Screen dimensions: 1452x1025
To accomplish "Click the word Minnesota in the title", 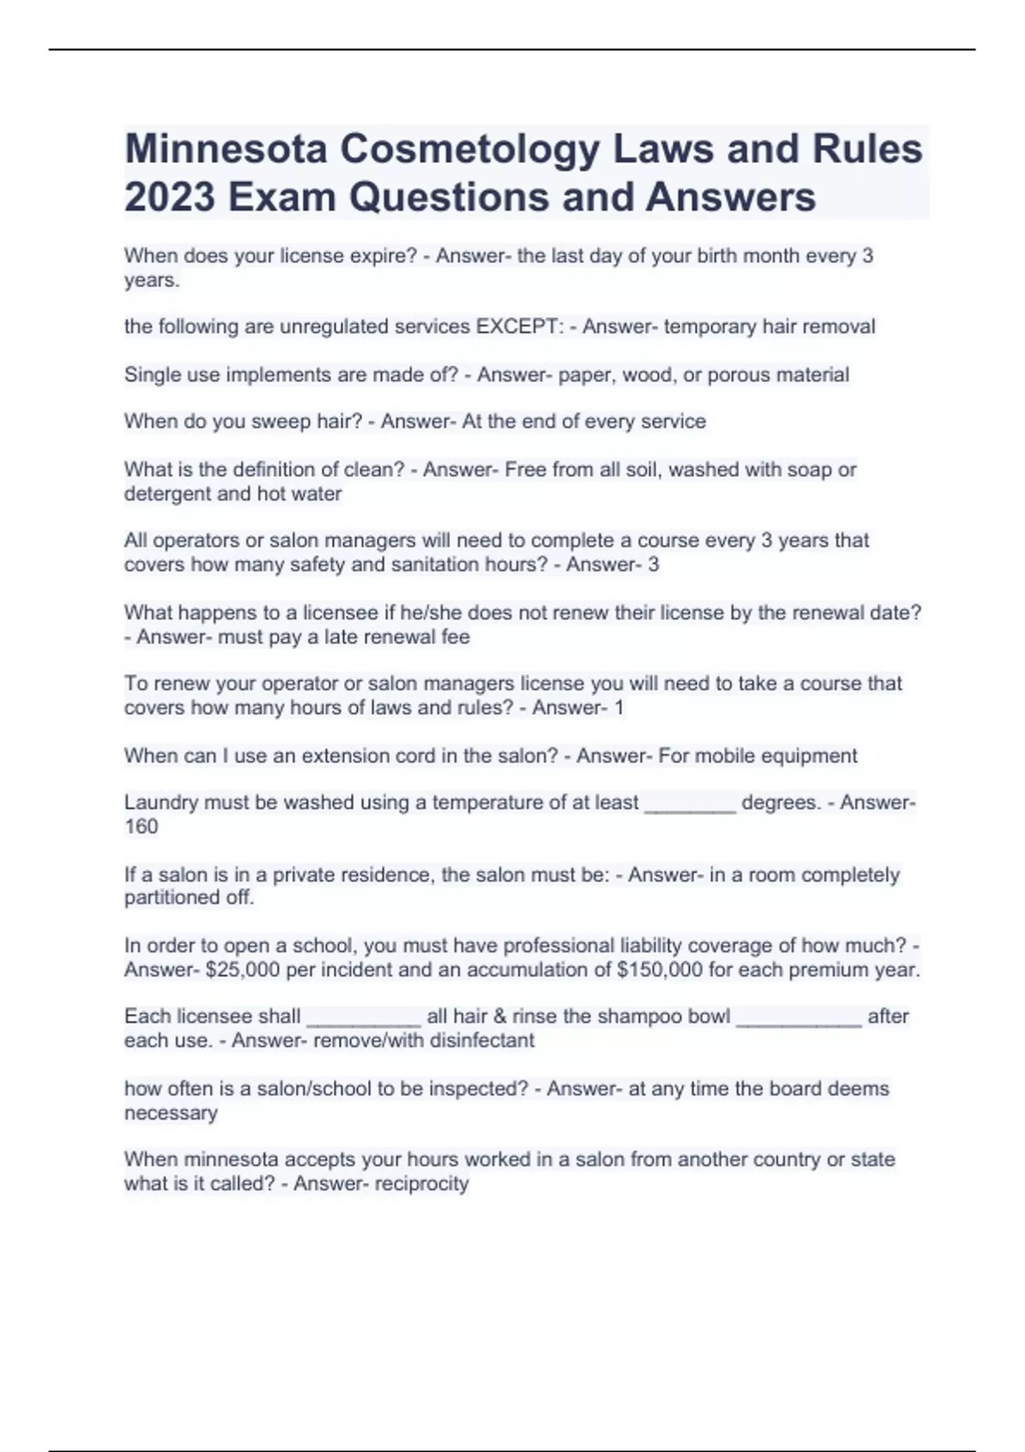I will [x=226, y=149].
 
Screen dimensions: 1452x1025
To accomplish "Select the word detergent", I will [x=167, y=494].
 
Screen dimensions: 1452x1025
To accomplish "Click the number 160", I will [x=141, y=827].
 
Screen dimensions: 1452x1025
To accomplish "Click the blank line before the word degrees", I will [x=689, y=804].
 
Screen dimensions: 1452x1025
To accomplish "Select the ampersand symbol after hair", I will [x=500, y=1016].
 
